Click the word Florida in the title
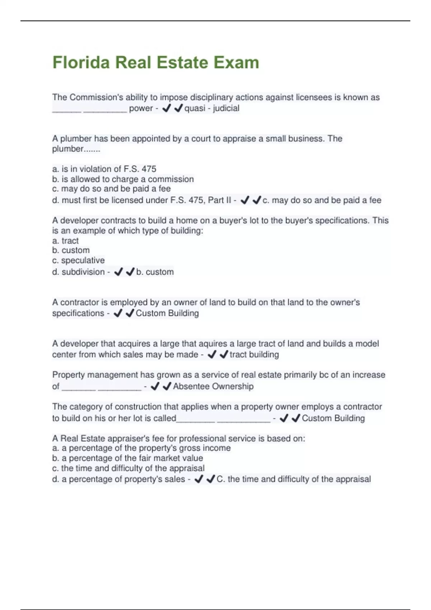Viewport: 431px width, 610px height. click(81, 62)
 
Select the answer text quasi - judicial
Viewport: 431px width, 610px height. click(212, 108)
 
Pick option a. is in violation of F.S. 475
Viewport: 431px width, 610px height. click(104, 169)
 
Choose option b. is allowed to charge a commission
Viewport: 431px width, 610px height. click(123, 179)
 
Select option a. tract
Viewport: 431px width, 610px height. click(65, 241)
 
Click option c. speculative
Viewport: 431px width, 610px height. click(78, 261)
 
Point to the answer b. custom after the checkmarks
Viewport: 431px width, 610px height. click(155, 272)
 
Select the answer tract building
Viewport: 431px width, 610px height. click(254, 355)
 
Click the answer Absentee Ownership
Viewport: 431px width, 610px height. click(213, 386)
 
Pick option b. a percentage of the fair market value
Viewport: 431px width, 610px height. click(128, 458)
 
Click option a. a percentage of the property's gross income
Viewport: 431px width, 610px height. click(141, 448)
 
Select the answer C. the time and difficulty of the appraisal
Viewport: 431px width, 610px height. click(293, 479)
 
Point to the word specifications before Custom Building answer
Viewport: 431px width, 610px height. click(78, 313)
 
